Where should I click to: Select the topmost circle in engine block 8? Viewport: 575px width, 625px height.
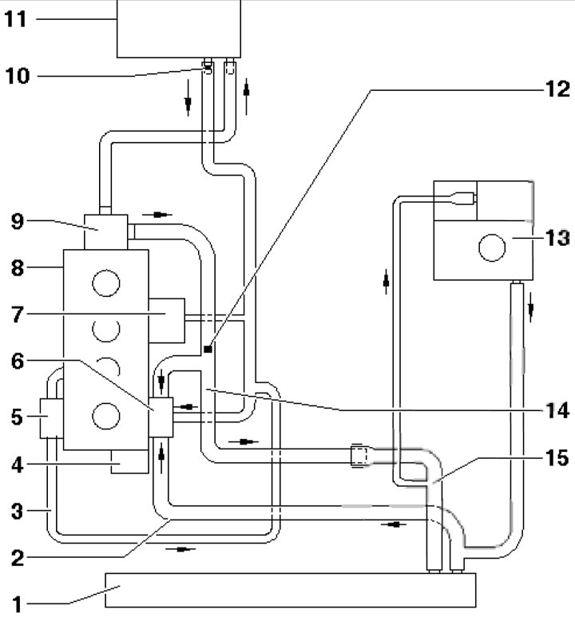(x=107, y=282)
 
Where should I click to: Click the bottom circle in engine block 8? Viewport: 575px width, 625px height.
(x=107, y=415)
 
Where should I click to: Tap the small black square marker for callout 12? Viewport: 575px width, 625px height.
(x=207, y=349)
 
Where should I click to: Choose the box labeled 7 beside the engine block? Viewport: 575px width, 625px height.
(x=166, y=315)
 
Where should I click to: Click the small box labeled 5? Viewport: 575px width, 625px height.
(x=50, y=415)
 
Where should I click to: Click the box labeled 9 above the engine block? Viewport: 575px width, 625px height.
(x=105, y=231)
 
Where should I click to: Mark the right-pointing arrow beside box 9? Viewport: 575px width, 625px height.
(x=162, y=215)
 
